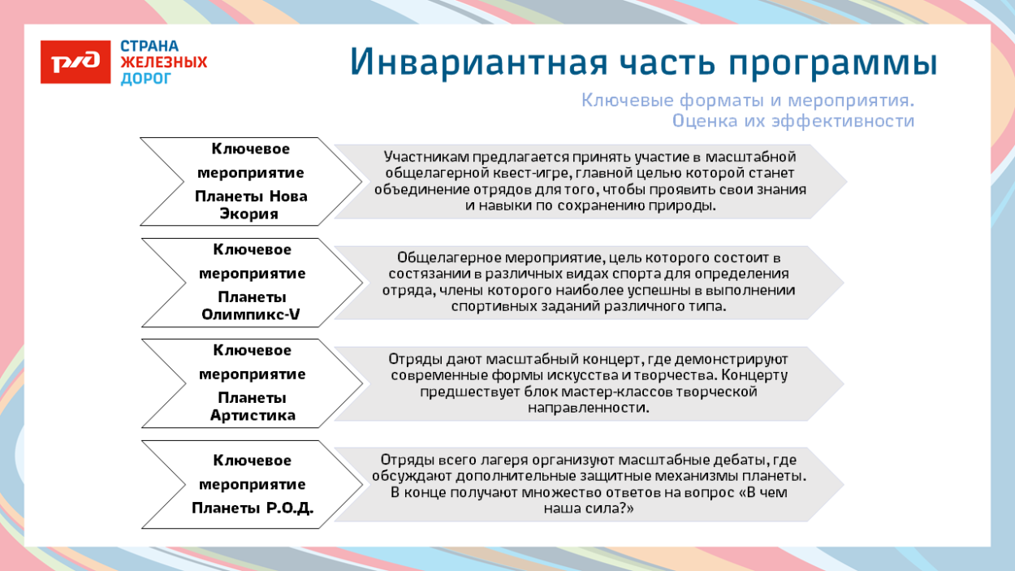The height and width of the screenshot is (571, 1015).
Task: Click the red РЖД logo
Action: tap(76, 63)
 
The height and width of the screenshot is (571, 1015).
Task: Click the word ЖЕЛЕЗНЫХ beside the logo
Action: tap(163, 63)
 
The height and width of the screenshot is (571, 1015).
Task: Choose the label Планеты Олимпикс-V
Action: tap(250, 306)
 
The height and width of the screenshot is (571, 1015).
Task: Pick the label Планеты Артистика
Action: tap(252, 407)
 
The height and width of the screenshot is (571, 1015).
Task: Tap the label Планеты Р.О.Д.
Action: tap(252, 508)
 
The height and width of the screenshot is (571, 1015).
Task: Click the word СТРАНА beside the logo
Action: tap(149, 46)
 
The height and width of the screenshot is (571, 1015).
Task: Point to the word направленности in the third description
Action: tap(589, 408)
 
